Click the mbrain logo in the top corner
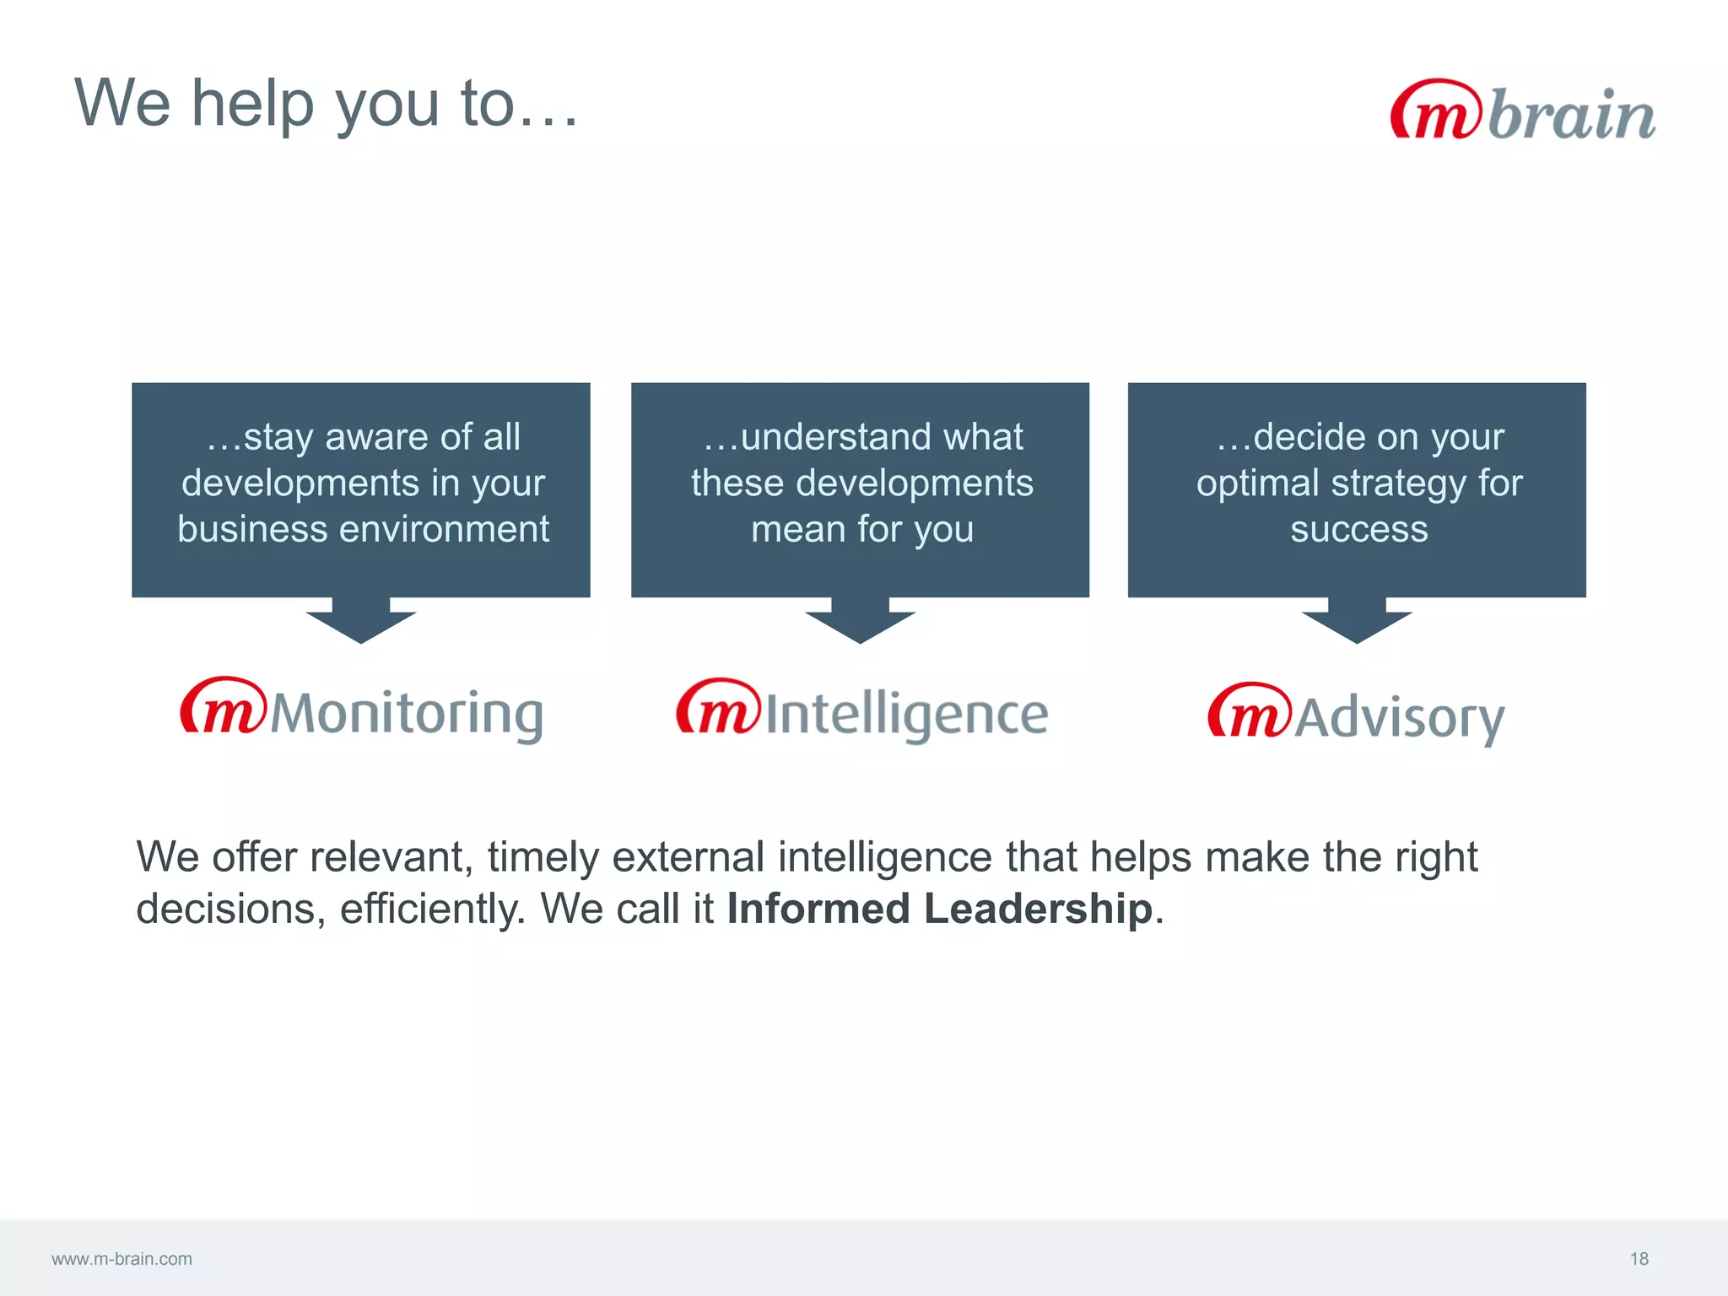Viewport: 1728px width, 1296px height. point(1522,111)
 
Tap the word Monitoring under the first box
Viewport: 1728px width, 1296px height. point(406,714)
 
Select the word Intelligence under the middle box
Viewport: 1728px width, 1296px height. point(906,714)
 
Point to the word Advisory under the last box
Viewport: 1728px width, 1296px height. point(1399,718)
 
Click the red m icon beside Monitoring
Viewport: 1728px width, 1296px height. point(223,706)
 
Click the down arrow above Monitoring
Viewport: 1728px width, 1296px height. point(361,622)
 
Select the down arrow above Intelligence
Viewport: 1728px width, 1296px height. point(860,622)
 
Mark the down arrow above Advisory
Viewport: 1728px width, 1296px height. point(1357,622)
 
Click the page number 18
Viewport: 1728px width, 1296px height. point(1639,1259)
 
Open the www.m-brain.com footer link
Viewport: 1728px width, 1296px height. point(121,1259)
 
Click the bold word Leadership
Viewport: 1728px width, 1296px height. point(1038,909)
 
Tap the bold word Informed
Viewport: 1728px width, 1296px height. point(818,909)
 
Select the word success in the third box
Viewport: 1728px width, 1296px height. point(1358,530)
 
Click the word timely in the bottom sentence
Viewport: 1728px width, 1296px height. point(542,857)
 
